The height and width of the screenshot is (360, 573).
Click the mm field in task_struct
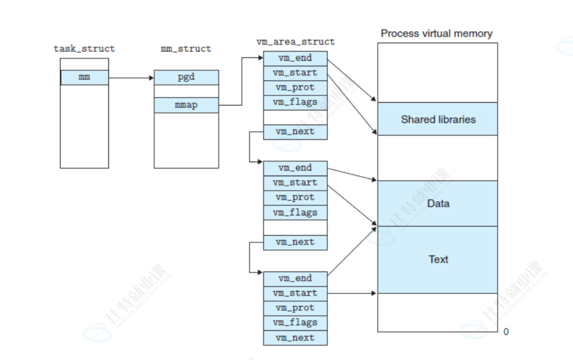pos(85,77)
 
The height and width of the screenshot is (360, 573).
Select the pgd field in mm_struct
pos(186,77)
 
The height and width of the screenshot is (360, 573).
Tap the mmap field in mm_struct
pos(186,105)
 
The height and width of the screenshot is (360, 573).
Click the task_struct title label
pos(84,49)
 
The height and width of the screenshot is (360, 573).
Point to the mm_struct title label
pos(186,49)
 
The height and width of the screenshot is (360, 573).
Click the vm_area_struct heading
pos(295,42)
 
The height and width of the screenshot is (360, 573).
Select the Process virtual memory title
pos(437,33)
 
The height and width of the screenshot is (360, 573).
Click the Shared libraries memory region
pos(438,119)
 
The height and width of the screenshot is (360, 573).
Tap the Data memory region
pos(438,203)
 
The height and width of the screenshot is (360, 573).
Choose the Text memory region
pos(438,259)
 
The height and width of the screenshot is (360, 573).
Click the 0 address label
pos(506,332)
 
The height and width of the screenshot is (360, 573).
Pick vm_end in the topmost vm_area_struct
pos(295,58)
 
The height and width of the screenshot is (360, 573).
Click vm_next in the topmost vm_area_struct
pos(295,132)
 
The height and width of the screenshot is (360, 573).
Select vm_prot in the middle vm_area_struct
pos(295,198)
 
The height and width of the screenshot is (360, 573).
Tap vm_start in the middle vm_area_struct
pos(295,183)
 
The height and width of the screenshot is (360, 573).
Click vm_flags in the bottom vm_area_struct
pos(295,322)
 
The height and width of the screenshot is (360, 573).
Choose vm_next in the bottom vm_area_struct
pos(295,338)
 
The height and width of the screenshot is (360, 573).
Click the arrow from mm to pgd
pos(131,78)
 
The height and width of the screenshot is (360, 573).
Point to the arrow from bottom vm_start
pos(352,293)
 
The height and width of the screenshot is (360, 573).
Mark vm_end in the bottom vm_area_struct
pos(295,279)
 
